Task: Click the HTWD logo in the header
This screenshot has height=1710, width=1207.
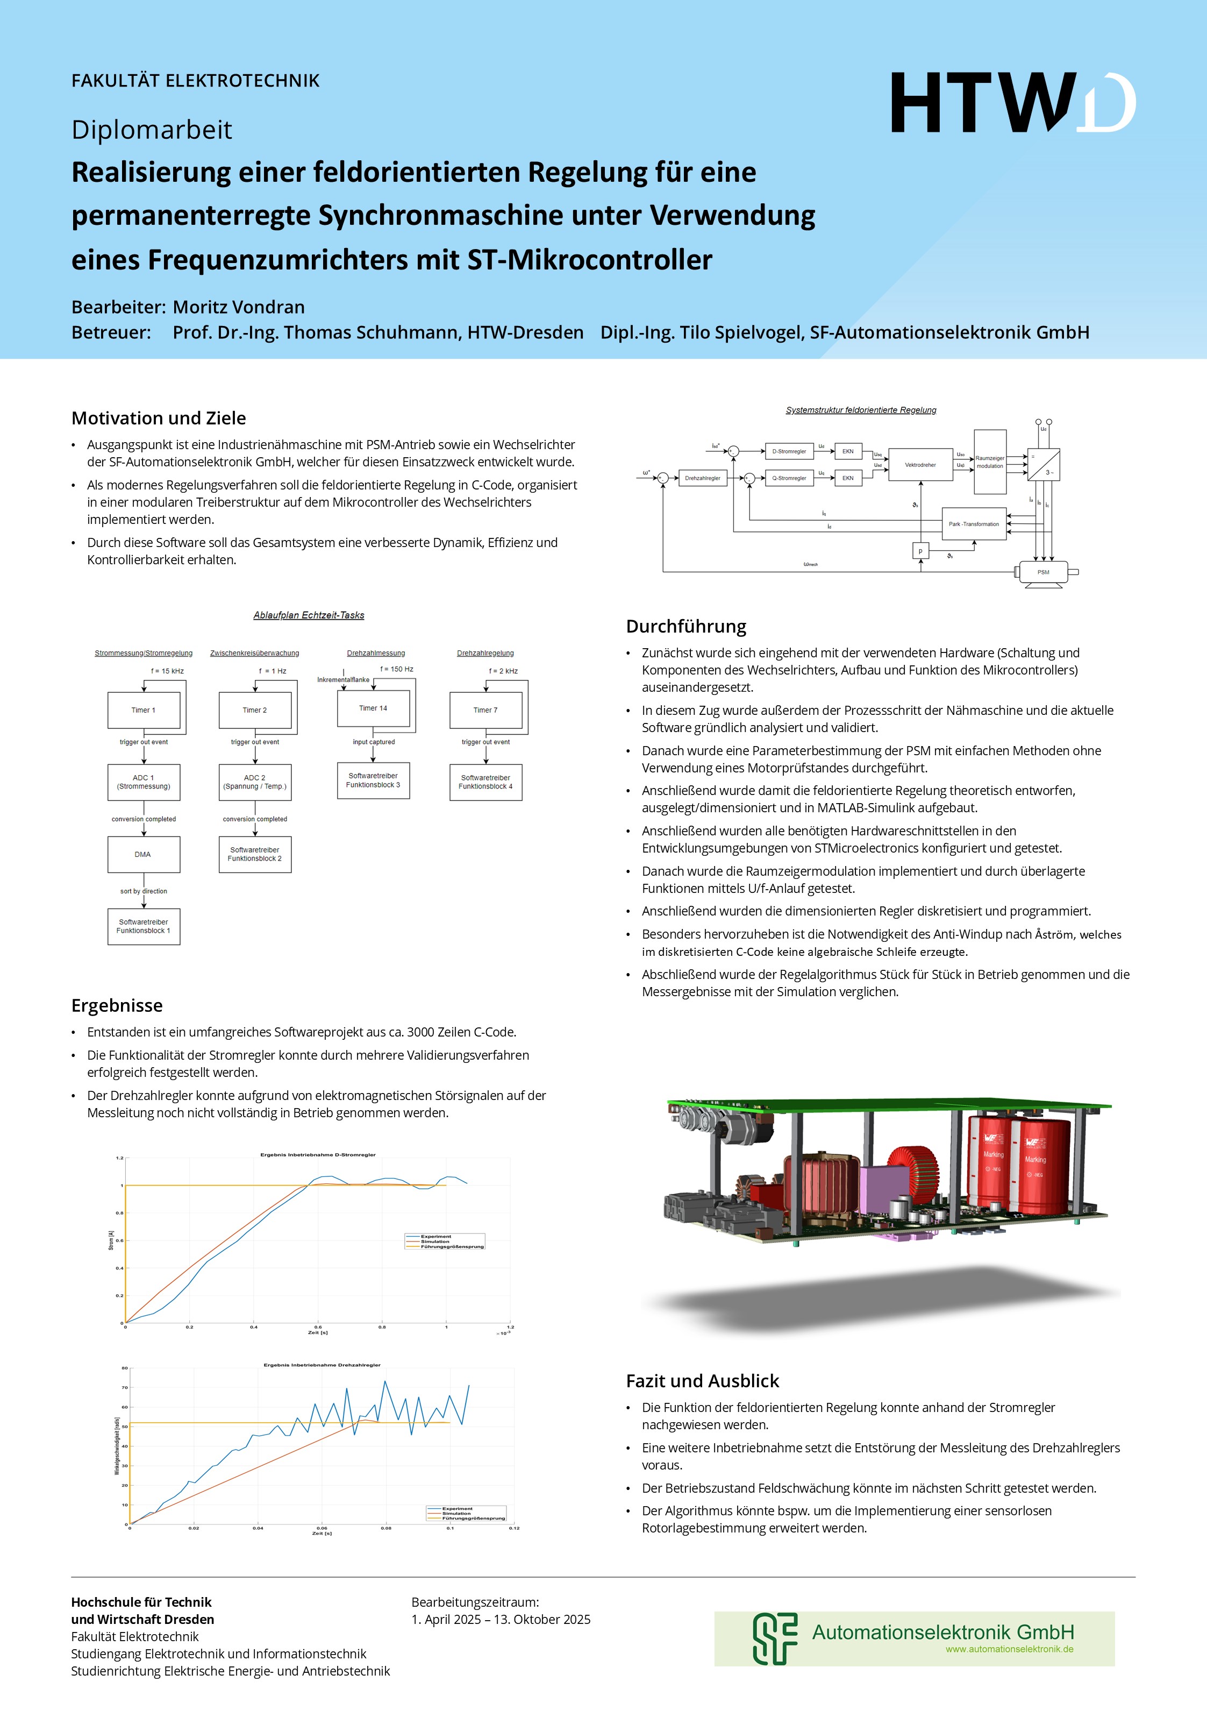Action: (1013, 103)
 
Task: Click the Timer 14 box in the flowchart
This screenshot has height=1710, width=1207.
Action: (373, 708)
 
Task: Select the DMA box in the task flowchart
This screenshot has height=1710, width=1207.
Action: (144, 854)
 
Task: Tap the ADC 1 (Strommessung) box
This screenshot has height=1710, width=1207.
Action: (144, 782)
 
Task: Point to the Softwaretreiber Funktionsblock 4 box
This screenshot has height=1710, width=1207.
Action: (485, 782)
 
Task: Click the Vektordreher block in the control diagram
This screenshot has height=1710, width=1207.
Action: (920, 465)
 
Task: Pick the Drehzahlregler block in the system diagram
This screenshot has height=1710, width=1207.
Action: (702, 478)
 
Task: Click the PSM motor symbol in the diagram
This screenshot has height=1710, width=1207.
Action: (1043, 572)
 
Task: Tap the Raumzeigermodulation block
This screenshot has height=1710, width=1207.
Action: (990, 462)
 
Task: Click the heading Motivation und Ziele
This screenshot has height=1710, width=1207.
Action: (159, 418)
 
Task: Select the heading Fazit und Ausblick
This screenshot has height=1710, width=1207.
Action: (702, 1381)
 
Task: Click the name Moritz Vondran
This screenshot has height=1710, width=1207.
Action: (238, 307)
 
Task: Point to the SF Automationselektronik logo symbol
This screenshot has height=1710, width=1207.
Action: (774, 1638)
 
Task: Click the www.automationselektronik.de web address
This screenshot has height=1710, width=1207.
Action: (1009, 1649)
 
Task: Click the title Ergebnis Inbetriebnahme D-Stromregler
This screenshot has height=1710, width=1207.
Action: (318, 1154)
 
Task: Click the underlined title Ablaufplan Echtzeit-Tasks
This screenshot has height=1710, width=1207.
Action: (308, 615)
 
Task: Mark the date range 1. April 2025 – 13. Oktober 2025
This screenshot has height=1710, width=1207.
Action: (501, 1619)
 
